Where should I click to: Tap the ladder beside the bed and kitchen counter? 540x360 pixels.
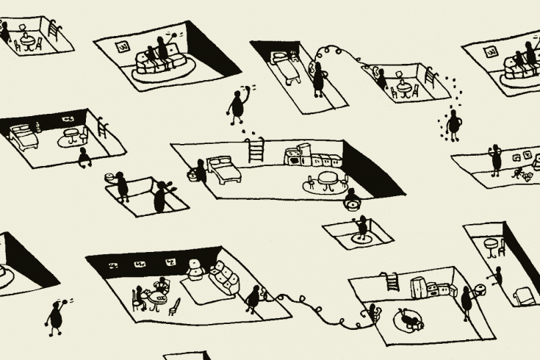coord(256,150)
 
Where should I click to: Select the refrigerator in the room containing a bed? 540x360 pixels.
coord(292,156)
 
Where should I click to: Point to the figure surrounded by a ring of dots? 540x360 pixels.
coord(454,124)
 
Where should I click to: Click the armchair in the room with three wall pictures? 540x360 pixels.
coord(195,270)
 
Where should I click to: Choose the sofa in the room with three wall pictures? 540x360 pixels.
coord(224,279)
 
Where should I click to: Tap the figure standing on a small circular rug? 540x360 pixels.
coord(361,228)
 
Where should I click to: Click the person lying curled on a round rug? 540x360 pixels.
coord(408,319)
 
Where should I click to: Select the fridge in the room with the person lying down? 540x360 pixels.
coord(418,287)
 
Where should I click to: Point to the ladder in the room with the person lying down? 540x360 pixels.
coord(392,281)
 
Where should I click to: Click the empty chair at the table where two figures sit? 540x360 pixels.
coord(175,305)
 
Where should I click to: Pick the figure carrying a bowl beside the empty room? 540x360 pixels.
coord(121,184)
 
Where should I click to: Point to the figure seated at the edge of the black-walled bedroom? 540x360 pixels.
coord(84,156)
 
